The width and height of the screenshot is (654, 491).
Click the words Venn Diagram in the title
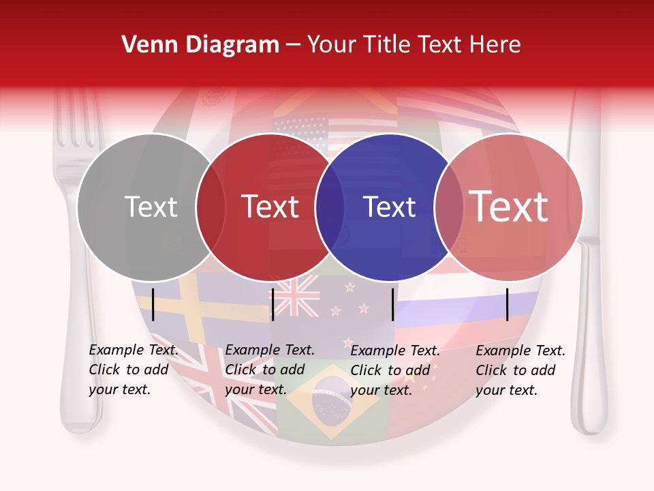tap(200, 45)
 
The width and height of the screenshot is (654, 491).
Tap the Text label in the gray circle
tap(151, 207)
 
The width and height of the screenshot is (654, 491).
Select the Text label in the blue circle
tap(389, 207)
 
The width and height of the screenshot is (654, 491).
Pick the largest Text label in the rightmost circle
tap(509, 206)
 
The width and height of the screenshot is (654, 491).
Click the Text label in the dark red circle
tap(270, 207)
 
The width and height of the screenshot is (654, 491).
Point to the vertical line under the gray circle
tap(153, 304)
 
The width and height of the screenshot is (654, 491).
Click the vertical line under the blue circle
tap(393, 304)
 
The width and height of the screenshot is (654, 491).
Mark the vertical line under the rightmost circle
tap(508, 304)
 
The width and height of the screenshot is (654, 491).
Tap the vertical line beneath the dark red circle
tap(273, 304)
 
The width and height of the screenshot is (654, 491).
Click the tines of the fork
tap(76, 119)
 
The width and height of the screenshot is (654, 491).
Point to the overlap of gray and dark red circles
tap(211, 207)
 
